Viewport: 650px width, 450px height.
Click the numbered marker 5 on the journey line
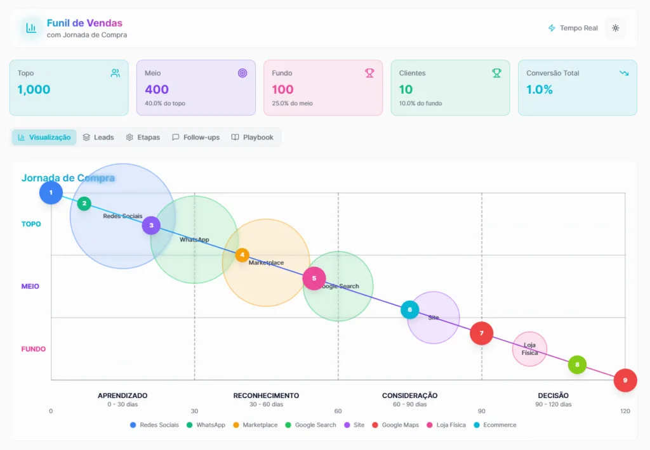coord(314,278)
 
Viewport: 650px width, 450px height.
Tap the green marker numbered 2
coord(84,203)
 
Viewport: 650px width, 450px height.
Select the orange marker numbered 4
coord(242,255)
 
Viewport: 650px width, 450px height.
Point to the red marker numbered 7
coord(482,333)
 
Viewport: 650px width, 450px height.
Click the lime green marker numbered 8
coord(577,364)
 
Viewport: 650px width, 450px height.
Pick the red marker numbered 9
coord(625,380)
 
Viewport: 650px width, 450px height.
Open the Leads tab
coord(98,138)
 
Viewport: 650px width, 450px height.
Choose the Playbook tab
coord(253,138)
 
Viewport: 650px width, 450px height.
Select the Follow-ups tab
coord(196,138)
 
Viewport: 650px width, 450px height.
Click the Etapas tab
coord(143,138)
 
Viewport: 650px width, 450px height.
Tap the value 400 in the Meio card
coord(157,89)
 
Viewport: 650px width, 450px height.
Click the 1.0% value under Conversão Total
coord(540,89)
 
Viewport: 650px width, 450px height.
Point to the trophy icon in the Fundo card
coord(369,73)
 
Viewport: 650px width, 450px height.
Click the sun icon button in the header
coord(615,28)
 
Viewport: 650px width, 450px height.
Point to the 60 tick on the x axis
coord(338,411)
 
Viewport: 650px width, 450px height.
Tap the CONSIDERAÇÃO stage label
coord(409,395)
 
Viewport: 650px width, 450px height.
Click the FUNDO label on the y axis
coord(34,349)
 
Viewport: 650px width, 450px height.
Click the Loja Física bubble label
coord(529,349)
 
